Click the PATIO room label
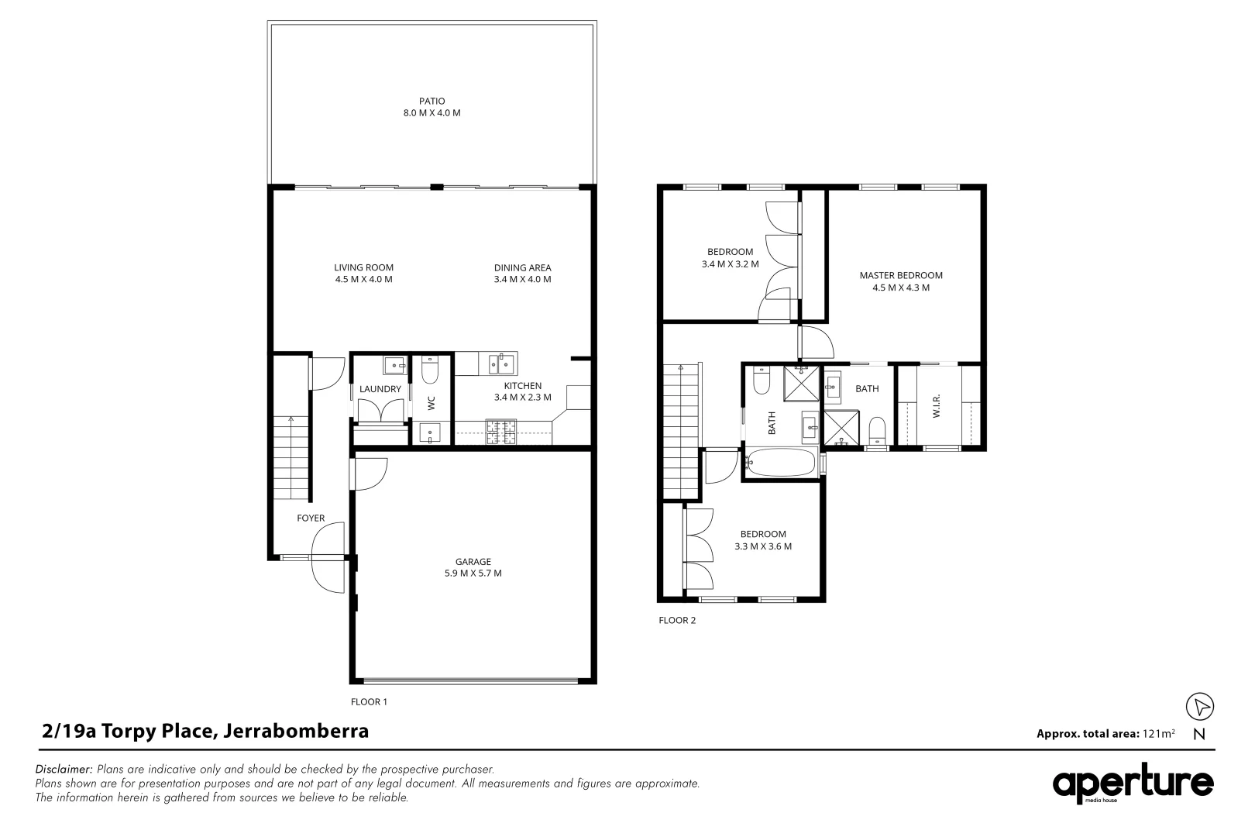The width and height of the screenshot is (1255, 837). [432, 101]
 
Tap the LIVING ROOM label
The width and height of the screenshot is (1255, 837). [358, 267]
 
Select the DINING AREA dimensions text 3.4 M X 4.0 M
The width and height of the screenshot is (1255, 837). [522, 280]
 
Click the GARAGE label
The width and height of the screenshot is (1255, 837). [473, 562]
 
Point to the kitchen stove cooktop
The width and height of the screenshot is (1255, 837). [500, 432]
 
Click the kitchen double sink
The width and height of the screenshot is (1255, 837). [501, 363]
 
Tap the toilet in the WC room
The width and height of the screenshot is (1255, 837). [430, 373]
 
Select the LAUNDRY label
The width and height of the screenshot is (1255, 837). [380, 389]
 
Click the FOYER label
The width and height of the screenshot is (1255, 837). [311, 518]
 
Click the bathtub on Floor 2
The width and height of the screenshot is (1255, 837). [780, 464]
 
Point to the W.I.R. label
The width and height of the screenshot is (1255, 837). [936, 405]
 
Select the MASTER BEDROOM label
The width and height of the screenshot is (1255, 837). [900, 275]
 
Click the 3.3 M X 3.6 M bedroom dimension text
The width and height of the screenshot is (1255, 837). [762, 546]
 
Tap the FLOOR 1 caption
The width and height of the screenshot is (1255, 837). [369, 702]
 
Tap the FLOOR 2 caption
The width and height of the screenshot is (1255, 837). [677, 620]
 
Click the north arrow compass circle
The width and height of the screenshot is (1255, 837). [1200, 706]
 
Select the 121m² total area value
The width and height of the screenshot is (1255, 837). [1158, 733]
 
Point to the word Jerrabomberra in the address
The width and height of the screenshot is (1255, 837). [295, 731]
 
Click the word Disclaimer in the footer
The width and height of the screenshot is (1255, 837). [64, 770]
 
